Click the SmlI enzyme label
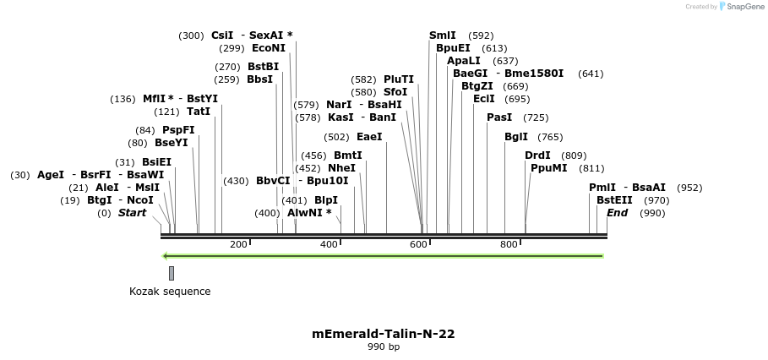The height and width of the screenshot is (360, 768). (x=442, y=35)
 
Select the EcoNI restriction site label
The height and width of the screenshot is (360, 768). (x=269, y=48)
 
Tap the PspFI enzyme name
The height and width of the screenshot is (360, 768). (x=178, y=129)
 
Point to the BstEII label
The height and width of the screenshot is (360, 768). (x=614, y=200)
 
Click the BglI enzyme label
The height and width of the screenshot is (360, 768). (x=515, y=137)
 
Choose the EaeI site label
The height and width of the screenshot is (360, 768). (x=369, y=137)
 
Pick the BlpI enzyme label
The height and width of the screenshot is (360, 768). (x=325, y=200)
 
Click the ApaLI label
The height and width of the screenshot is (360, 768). (x=464, y=61)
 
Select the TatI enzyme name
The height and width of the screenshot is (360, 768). (x=199, y=112)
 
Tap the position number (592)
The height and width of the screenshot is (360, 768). (x=481, y=35)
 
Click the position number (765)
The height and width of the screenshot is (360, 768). (x=550, y=137)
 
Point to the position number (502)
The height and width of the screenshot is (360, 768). (x=336, y=137)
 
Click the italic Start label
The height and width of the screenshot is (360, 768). (x=132, y=213)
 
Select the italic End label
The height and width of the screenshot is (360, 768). (x=618, y=213)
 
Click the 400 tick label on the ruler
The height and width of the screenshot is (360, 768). (x=329, y=244)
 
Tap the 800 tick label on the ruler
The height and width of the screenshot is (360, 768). (x=509, y=244)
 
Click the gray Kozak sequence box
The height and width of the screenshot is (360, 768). (x=172, y=273)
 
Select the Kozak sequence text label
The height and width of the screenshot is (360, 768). (x=170, y=292)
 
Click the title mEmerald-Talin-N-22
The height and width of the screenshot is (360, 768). (x=384, y=334)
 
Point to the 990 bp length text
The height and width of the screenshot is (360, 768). (x=384, y=347)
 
